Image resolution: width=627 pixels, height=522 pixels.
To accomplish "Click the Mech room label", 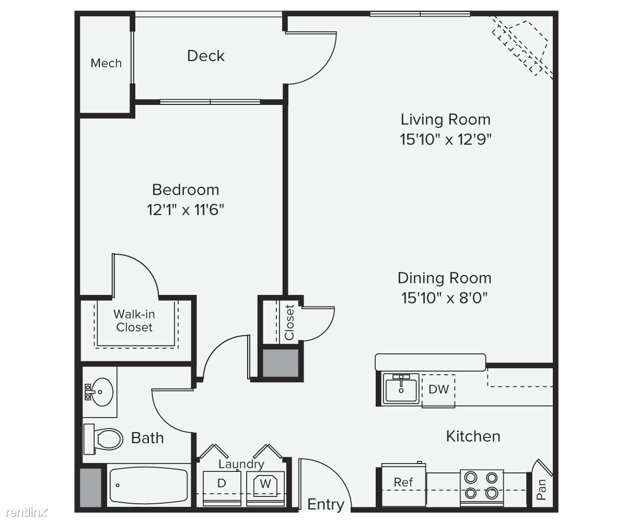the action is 106,63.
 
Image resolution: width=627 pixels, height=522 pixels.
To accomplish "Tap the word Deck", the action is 206,56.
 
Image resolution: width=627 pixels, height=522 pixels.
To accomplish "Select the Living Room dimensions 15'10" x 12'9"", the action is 446,139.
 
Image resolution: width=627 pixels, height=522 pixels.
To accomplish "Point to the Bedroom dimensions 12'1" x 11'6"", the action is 185,209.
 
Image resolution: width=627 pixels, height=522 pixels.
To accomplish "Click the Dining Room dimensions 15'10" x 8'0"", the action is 444,298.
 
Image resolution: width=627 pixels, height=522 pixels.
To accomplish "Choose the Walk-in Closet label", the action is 134,321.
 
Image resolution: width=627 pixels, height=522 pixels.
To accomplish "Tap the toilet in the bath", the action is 103,439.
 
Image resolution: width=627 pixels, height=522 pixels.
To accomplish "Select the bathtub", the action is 148,485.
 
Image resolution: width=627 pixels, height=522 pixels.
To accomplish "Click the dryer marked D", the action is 222,488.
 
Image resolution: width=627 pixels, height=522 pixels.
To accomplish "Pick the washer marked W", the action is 265,488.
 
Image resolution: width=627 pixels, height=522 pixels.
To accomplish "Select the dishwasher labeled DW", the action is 438,390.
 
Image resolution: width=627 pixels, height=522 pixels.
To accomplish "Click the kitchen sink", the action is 401,389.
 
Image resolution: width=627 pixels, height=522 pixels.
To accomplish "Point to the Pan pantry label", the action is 541,490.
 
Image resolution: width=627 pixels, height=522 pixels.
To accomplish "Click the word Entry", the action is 326,504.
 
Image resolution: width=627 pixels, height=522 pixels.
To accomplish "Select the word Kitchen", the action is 473,436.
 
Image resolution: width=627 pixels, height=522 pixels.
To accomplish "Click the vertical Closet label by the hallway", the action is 289,323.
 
